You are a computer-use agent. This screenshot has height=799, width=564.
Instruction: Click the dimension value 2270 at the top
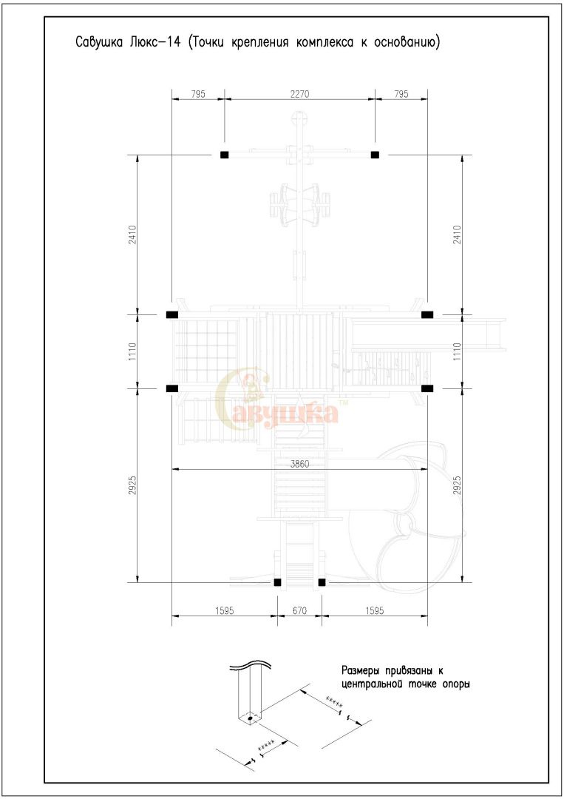[x=299, y=94]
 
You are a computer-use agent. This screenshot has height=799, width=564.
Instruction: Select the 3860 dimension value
[x=299, y=464]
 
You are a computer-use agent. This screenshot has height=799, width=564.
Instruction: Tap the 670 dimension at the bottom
[x=299, y=610]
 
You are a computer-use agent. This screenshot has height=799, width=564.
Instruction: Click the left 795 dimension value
[x=198, y=94]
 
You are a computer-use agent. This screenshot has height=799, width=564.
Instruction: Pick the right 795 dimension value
[x=401, y=94]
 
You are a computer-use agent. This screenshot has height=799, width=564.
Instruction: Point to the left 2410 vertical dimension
[x=132, y=235]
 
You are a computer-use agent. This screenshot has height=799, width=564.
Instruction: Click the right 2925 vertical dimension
[x=457, y=485]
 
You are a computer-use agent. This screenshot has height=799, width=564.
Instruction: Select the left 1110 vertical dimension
[x=132, y=351]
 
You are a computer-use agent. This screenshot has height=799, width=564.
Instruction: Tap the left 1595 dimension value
[x=224, y=610]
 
